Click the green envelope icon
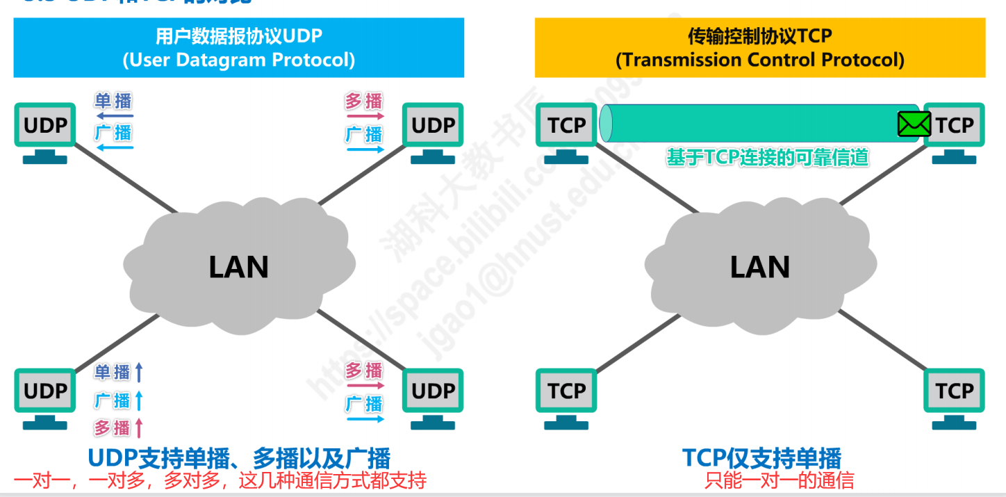coord(914,124)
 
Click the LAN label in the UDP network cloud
coord(238,268)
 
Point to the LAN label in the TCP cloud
coord(759,268)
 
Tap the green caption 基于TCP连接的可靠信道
coord(767,158)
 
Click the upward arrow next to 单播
coord(139,373)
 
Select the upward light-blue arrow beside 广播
coord(139,401)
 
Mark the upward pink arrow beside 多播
coord(139,427)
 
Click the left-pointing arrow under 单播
coord(114,116)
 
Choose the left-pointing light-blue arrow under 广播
coord(114,147)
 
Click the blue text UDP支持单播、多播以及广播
coord(238,458)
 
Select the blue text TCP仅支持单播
coord(761,458)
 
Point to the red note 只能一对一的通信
coord(779,480)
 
